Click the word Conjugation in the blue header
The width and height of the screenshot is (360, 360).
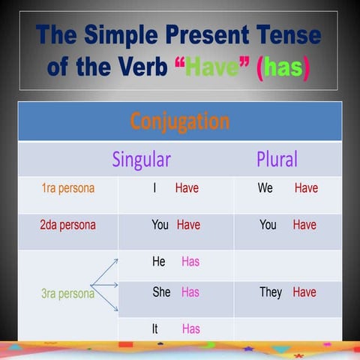[179, 121]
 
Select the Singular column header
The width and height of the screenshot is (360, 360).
[141, 159]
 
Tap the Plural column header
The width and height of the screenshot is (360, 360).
[277, 159]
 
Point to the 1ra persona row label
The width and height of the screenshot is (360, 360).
[67, 188]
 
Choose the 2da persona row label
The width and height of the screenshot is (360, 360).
[67, 224]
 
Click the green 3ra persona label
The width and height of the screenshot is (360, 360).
[67, 293]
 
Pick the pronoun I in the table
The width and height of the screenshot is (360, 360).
[154, 188]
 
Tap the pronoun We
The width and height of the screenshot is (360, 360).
[265, 188]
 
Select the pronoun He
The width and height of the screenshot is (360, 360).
[158, 262]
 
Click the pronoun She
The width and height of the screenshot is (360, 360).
[161, 292]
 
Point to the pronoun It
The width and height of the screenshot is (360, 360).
[156, 328]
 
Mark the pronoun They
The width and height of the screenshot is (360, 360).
[271, 292]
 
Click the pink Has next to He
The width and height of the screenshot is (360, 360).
[190, 262]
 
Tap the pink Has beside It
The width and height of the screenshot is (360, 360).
[190, 328]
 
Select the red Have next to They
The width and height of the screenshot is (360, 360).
[304, 292]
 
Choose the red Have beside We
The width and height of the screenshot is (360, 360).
[306, 188]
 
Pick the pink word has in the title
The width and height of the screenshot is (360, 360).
[283, 67]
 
